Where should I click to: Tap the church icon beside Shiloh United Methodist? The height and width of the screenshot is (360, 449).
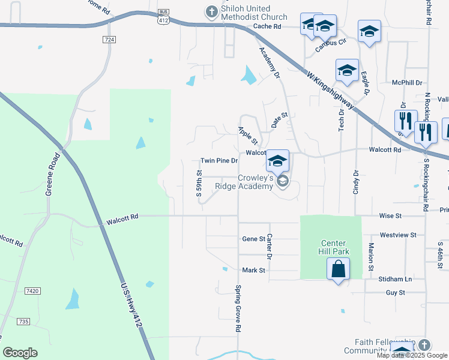click(211, 11)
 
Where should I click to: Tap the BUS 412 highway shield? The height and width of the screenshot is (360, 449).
click(163, 17)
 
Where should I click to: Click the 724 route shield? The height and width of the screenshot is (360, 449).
click(109, 40)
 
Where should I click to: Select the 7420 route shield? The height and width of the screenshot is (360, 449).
click(33, 291)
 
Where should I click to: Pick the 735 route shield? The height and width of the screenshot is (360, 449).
click(23, 322)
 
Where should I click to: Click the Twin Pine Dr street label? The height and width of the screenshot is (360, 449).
click(219, 161)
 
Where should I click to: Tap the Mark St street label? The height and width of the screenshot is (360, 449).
click(253, 271)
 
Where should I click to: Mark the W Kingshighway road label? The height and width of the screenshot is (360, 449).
click(330, 92)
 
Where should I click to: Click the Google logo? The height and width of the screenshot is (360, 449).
click(20, 353)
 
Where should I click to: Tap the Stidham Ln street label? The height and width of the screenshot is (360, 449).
click(394, 279)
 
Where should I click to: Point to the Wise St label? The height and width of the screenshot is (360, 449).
click(390, 215)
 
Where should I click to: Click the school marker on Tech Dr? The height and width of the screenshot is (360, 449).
click(347, 71)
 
